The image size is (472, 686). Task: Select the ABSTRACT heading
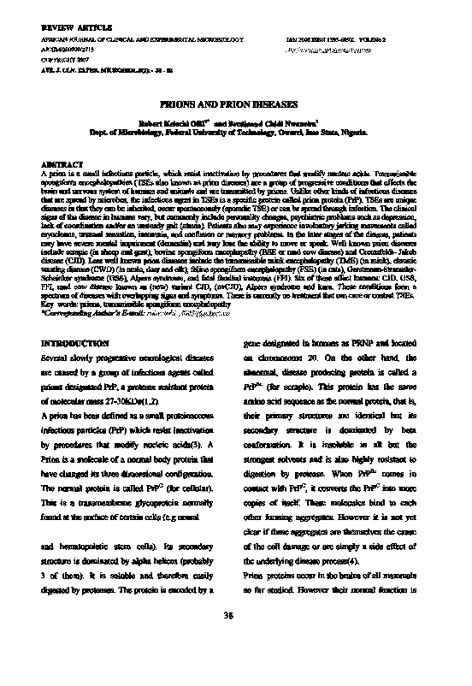[x=59, y=163]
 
